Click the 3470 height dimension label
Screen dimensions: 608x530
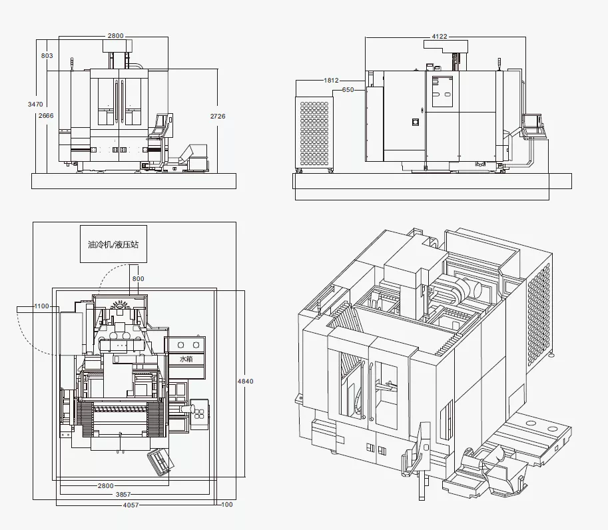[x=35, y=105]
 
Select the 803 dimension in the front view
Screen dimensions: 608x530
[x=47, y=55]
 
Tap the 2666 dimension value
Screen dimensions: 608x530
[x=46, y=116]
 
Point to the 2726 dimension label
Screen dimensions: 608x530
[x=218, y=116]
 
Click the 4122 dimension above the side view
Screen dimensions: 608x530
[x=440, y=37]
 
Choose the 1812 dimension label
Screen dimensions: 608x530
[x=331, y=81]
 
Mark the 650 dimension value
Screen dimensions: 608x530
[x=348, y=90]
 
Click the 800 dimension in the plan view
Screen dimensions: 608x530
[x=138, y=279]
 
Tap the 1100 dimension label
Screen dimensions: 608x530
[x=41, y=306]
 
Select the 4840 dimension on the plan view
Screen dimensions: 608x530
[x=246, y=381]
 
